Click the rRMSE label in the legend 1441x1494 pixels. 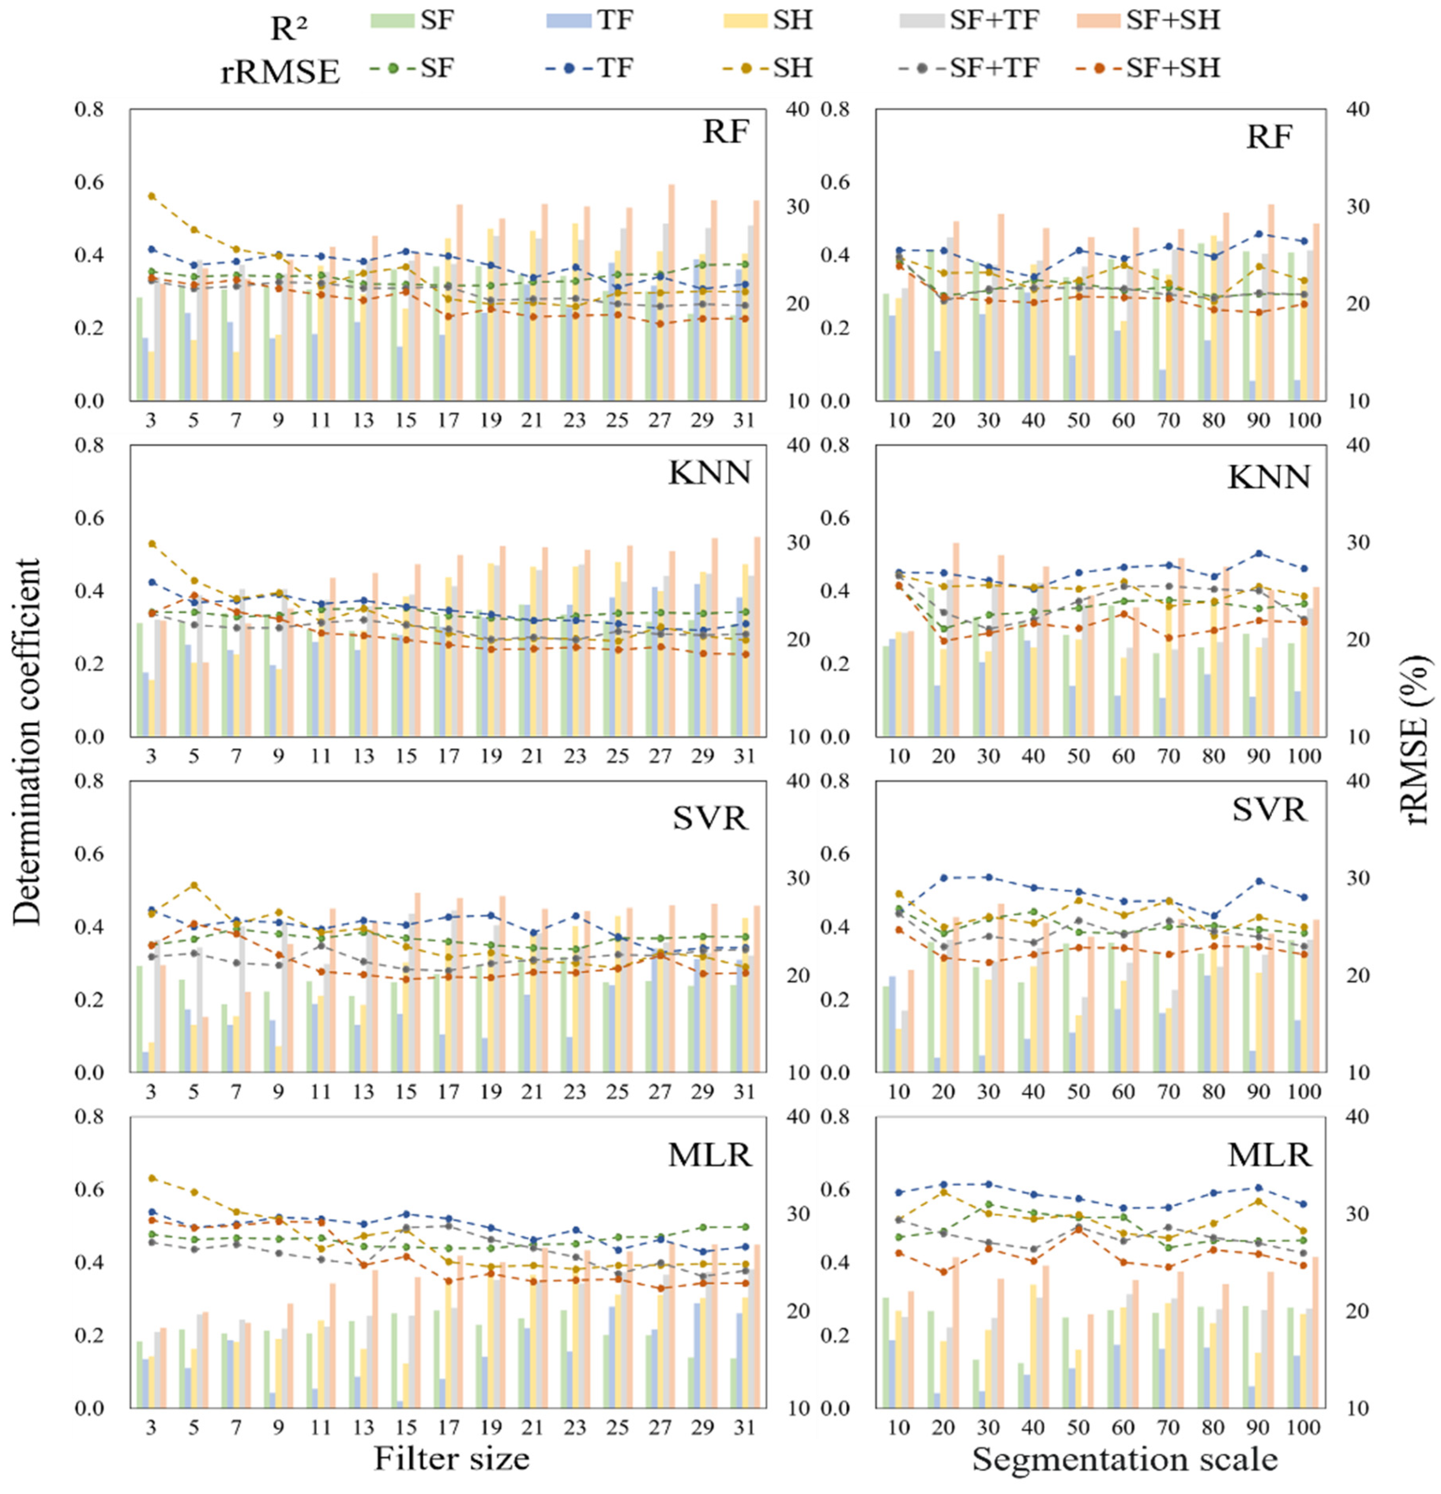(280, 72)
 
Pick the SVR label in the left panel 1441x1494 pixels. (710, 818)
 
